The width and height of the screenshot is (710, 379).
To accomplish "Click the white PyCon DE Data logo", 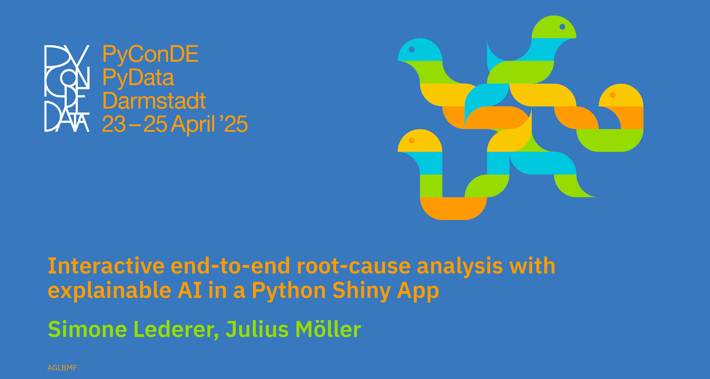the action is coord(67,88).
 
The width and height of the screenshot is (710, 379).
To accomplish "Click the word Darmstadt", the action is coord(154,101).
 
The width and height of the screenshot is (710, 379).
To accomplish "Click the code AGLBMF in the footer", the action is coord(62,368).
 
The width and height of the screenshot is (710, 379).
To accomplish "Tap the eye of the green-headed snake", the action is coord(562,27).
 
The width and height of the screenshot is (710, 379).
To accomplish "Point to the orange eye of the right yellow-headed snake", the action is coord(613,95).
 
